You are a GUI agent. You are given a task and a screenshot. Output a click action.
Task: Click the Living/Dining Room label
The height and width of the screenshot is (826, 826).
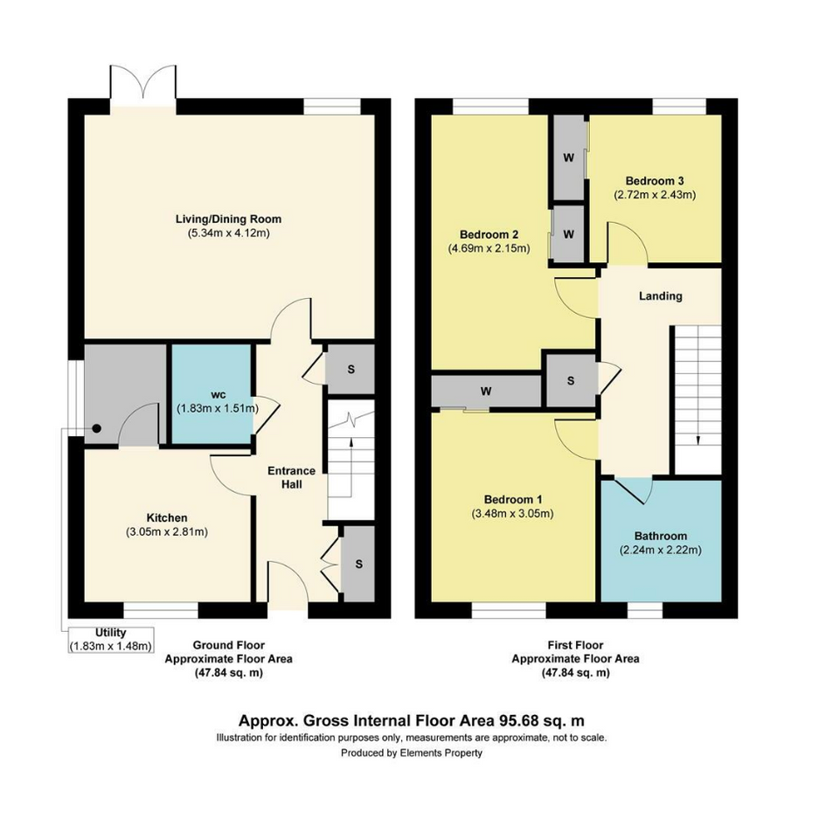[x=229, y=219]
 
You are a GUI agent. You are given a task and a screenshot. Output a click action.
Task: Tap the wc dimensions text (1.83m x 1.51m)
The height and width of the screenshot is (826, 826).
[x=218, y=408]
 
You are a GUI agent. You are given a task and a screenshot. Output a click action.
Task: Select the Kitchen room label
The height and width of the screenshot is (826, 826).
[x=167, y=517]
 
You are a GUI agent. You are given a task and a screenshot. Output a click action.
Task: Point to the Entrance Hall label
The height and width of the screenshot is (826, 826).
[x=291, y=477]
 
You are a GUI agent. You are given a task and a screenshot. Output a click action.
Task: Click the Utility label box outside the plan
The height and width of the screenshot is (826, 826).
[x=111, y=640]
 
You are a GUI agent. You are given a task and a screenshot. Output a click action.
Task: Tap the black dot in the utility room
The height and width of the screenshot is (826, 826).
[x=97, y=428]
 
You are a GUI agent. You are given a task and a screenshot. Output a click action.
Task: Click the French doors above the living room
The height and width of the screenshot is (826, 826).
[x=142, y=87]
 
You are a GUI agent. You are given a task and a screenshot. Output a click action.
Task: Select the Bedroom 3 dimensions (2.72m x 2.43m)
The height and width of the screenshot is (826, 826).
[x=655, y=195]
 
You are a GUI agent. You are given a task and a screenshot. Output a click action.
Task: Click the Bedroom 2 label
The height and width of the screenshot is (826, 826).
[x=489, y=234]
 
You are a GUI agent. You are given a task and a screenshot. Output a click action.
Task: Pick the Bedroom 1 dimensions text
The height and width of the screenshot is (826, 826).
[x=512, y=514]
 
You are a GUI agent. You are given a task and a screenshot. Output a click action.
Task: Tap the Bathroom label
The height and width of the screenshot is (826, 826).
[x=661, y=537]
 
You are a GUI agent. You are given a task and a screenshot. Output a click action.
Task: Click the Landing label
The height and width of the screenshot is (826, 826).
[x=661, y=296]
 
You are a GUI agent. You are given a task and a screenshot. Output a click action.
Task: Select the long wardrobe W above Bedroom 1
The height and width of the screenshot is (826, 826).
[x=486, y=392]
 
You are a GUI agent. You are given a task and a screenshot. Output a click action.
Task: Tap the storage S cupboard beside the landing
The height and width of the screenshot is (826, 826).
[x=571, y=380]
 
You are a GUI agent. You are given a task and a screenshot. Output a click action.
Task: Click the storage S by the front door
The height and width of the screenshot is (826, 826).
[x=358, y=564]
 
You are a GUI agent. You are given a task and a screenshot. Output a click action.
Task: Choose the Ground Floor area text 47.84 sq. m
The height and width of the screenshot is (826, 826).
[x=229, y=673]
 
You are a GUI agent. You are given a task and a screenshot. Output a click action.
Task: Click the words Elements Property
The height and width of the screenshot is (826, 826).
[x=441, y=753]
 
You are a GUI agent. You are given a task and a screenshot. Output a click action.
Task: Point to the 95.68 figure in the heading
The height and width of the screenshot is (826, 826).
[x=516, y=720]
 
